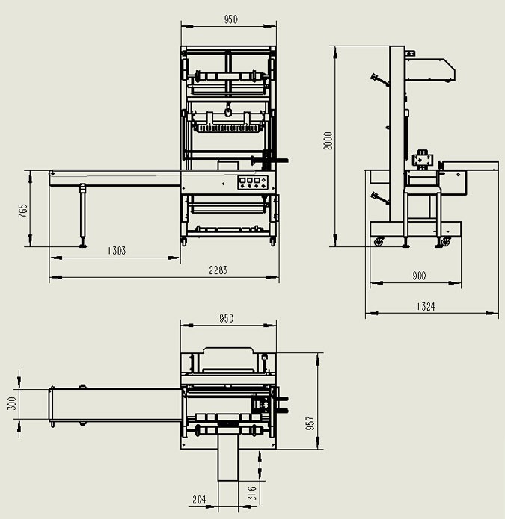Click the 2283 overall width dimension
pos(218,270)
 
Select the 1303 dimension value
pos(116,251)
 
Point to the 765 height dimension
pos(23,211)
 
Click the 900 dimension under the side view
pos(418,276)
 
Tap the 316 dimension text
pos(252,493)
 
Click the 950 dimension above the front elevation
pos(230,20)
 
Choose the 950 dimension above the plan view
pos(226,319)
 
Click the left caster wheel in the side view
pos(379,242)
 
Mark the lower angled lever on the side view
pos(379,199)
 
